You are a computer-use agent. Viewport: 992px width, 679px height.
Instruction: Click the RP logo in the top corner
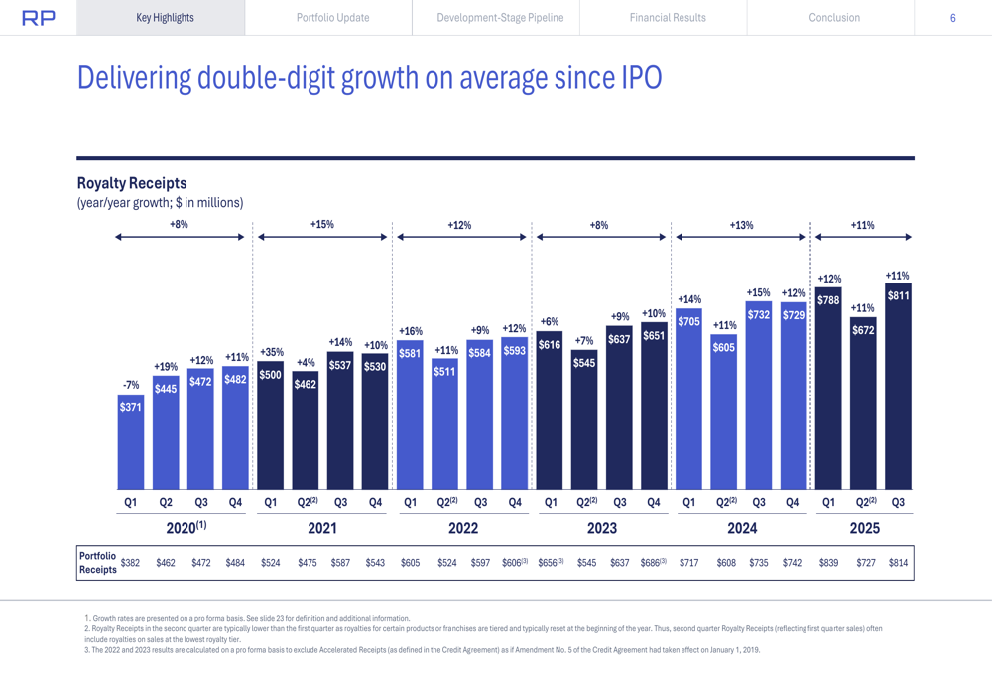tap(39, 18)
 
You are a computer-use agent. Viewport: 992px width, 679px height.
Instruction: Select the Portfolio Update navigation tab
tap(332, 18)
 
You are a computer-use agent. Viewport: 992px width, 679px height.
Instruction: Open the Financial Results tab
tap(668, 18)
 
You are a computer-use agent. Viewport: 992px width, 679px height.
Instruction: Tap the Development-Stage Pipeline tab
tap(500, 18)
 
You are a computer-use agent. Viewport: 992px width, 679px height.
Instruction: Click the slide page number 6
tap(952, 18)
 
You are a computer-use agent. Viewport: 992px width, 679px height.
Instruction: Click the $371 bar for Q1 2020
tap(130, 441)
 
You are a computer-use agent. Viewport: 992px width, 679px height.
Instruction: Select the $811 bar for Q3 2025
tap(898, 387)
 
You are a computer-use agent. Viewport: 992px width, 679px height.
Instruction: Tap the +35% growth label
tap(271, 352)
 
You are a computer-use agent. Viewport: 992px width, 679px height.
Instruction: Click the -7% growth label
tap(130, 385)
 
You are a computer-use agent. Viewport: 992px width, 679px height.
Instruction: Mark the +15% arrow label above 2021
tap(322, 225)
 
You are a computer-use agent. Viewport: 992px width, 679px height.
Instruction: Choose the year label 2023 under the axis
tap(601, 528)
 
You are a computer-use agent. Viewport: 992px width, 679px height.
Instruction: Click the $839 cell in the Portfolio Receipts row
tap(828, 563)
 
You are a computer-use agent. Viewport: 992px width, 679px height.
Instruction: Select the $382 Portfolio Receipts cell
tap(130, 563)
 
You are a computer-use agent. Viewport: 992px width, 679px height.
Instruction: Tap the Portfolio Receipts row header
tap(97, 562)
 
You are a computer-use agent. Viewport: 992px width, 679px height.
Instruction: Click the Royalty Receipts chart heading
tap(132, 183)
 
